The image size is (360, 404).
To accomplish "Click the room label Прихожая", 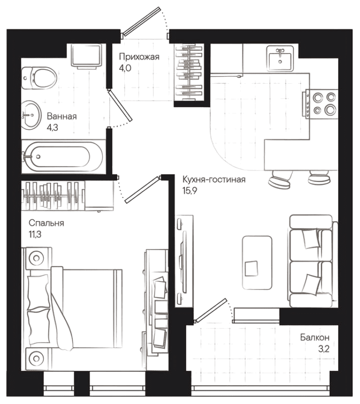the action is pos(139,57).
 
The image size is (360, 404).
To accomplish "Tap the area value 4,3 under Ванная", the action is pos(52,128).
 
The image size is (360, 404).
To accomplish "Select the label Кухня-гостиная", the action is pos(215,180).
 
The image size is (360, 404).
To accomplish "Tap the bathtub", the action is pos(63,155).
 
